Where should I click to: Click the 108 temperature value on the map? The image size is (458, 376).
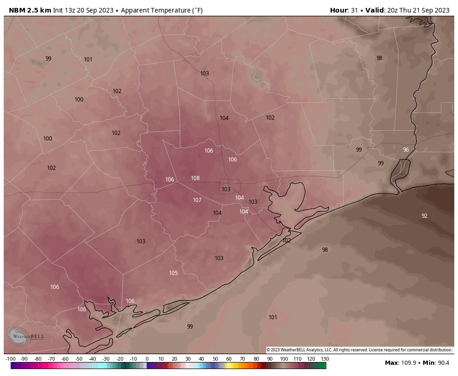point(195,178)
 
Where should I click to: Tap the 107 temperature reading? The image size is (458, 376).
point(197,200)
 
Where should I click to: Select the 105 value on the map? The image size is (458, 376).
point(173,273)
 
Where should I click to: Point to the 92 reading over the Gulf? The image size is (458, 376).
point(424,216)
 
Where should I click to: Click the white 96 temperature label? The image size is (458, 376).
point(405,150)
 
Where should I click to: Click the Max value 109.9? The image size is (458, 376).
point(408,363)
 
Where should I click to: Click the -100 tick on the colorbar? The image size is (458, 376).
point(11,359)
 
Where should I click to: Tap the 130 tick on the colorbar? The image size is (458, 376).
point(325,359)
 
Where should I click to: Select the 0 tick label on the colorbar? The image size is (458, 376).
point(147,359)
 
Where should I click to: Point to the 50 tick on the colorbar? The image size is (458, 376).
point(216,359)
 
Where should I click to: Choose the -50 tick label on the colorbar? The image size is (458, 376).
point(79,359)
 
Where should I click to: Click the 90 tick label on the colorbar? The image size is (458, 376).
point(270,359)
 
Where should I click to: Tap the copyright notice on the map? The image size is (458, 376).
point(359,350)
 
